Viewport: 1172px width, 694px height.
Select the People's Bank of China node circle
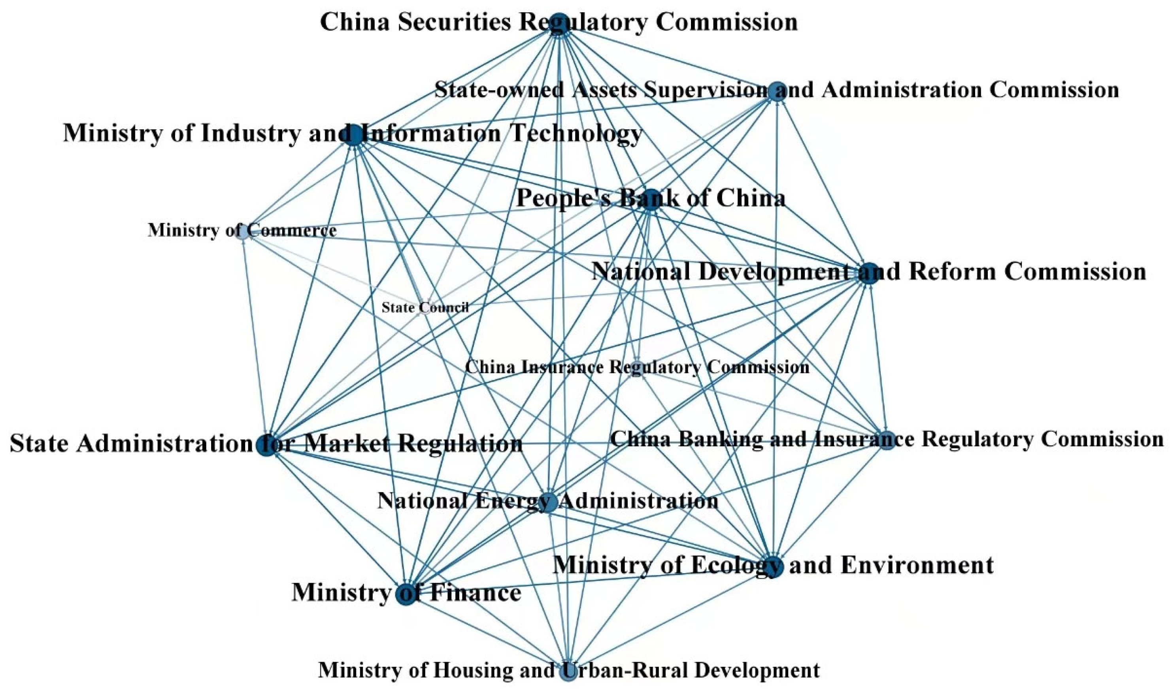650,200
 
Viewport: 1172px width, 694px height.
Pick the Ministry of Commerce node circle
242,232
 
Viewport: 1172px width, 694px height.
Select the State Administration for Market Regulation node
266,445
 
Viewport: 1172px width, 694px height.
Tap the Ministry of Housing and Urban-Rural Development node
568,671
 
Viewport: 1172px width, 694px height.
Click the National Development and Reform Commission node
868,273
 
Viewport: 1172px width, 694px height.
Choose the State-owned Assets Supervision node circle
777,92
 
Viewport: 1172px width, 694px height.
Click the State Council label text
425,307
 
